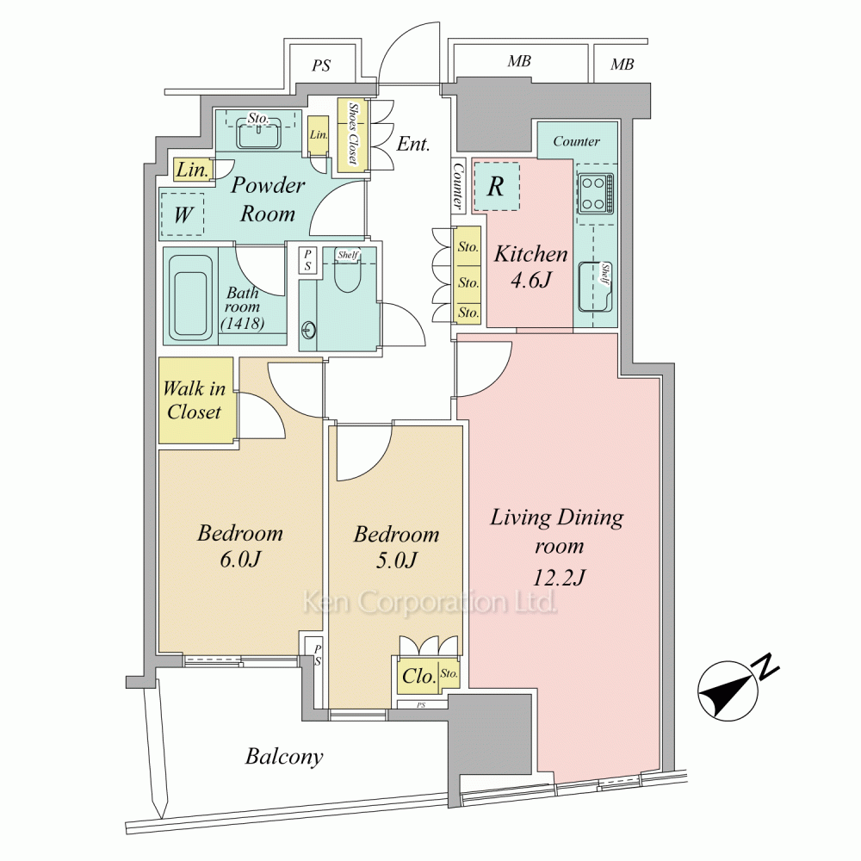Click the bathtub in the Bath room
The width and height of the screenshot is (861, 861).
pos(190,298)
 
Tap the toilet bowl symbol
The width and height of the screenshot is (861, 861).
pos(346,274)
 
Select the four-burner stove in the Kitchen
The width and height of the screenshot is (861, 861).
pos(595,193)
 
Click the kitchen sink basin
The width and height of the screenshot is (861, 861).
pos(596,287)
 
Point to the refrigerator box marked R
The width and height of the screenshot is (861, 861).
pos(496,186)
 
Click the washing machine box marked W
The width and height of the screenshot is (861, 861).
pos(183,214)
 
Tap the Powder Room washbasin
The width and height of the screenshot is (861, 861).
pos(258,133)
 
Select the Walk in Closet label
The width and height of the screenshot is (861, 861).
pos(195,400)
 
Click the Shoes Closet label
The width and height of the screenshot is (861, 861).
pos(353,133)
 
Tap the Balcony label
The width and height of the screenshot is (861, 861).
pos(284,757)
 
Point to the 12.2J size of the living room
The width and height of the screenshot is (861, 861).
pos(559,577)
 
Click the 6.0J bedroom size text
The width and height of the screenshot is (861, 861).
pos(240,560)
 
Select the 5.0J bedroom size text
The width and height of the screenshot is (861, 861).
pos(396,561)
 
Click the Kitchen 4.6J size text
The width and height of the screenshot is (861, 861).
pos(531,281)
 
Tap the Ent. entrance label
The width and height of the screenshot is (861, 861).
pos(413,144)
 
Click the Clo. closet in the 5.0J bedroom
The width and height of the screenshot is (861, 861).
pos(418,676)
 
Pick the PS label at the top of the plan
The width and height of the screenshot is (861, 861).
pos(321,65)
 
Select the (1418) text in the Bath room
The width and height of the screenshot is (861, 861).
pos(242,324)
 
